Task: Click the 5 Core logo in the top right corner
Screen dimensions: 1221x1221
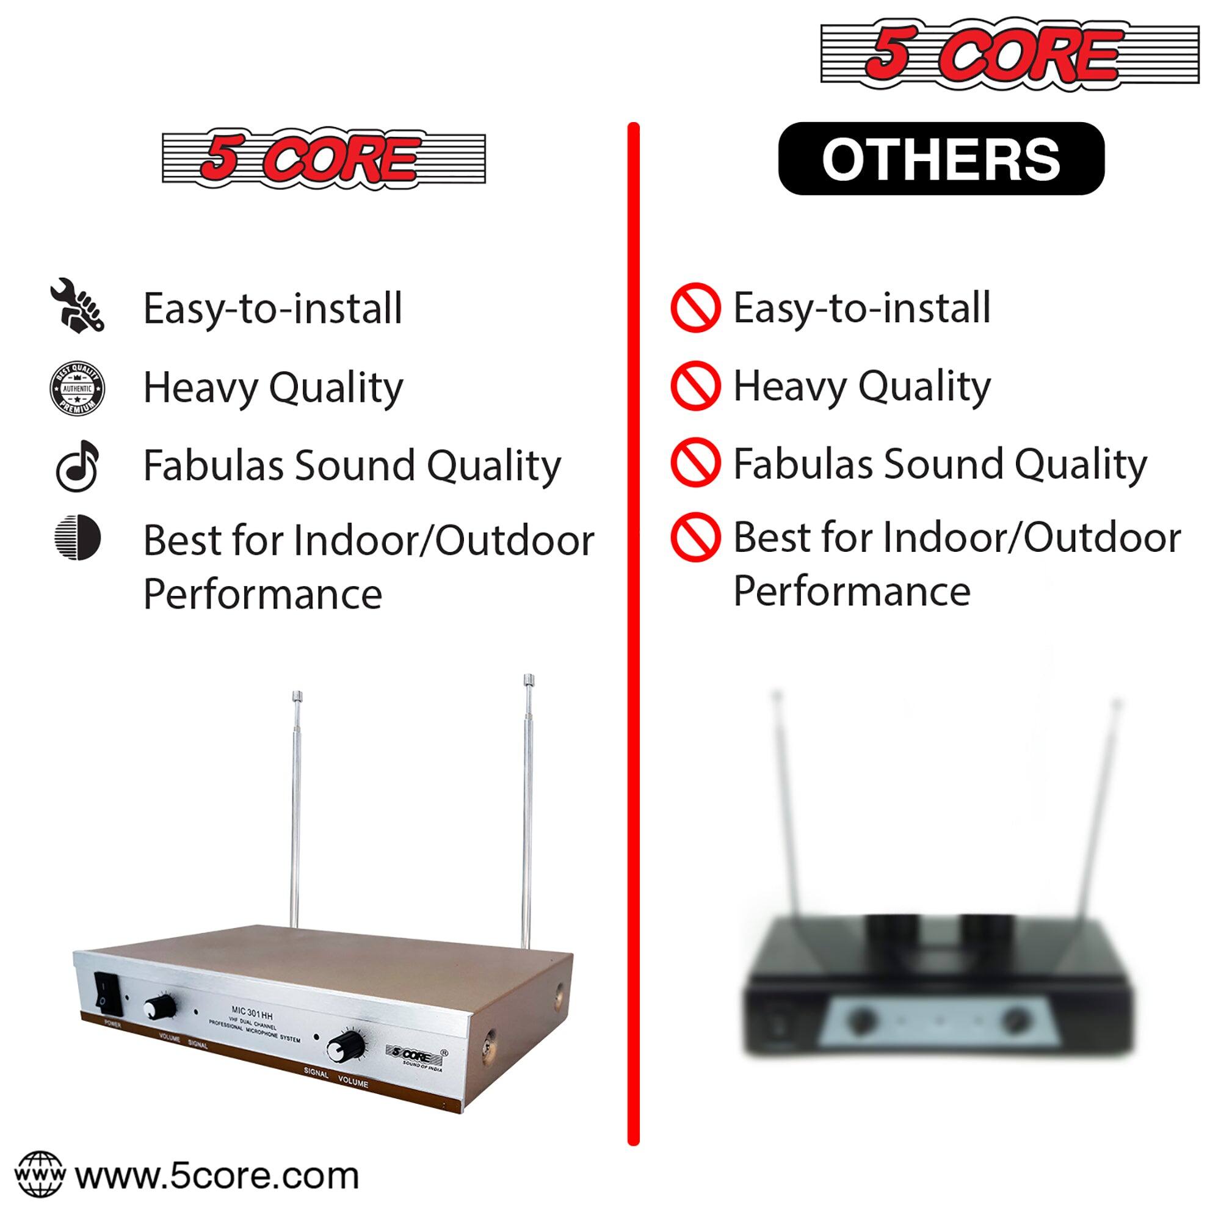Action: [x=1009, y=54]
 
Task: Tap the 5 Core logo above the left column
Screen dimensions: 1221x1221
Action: [x=324, y=159]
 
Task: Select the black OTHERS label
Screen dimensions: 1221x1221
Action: [x=941, y=159]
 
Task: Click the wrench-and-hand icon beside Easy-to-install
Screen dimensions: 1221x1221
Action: [x=76, y=305]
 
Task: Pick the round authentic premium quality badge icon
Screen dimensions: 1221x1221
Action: [x=77, y=389]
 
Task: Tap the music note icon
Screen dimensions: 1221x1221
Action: [x=77, y=466]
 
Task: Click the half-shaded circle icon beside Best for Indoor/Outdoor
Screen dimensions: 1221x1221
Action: [x=77, y=538]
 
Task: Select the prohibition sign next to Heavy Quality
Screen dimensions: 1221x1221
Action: [x=695, y=385]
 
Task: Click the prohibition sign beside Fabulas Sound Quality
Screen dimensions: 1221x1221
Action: [x=695, y=463]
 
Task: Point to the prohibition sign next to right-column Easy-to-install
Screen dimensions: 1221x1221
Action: [x=695, y=308]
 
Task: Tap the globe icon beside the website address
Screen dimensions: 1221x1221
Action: [x=39, y=1174]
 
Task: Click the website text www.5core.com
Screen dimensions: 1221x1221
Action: [x=217, y=1175]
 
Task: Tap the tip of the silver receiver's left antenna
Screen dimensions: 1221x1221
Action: [x=297, y=697]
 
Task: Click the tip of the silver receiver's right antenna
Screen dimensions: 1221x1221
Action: [x=529, y=680]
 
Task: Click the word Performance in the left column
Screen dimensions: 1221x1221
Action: [x=263, y=595]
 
